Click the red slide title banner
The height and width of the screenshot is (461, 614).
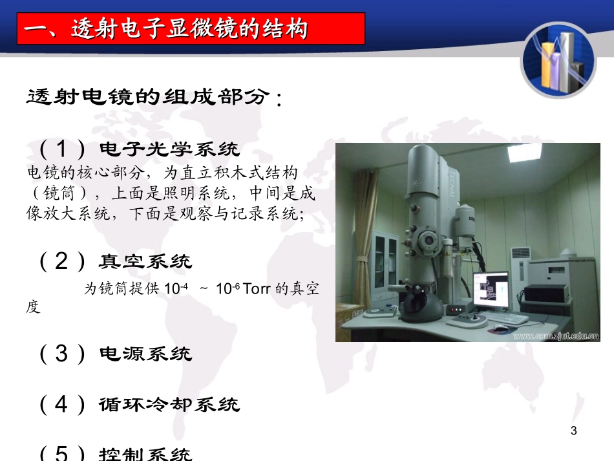tap(191, 28)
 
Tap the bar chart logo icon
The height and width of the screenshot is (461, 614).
tap(558, 61)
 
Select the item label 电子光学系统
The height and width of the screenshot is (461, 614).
tap(169, 149)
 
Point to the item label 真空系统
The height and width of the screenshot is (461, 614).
tap(145, 261)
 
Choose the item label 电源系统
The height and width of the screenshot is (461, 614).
tap(145, 354)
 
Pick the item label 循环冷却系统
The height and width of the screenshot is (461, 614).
tap(169, 405)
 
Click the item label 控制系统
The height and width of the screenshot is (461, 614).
tap(145, 453)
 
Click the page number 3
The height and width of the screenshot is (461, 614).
tap(574, 431)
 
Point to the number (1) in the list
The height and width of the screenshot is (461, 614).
tap(62, 149)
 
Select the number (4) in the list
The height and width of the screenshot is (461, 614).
tap(62, 404)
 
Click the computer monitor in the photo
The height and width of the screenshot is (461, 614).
tap(491, 290)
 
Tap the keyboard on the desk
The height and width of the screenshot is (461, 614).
tap(505, 317)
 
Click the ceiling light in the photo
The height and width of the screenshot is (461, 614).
tap(524, 151)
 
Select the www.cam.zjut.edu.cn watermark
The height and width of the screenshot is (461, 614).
tap(556, 336)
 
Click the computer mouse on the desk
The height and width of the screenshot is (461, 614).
tap(500, 327)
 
